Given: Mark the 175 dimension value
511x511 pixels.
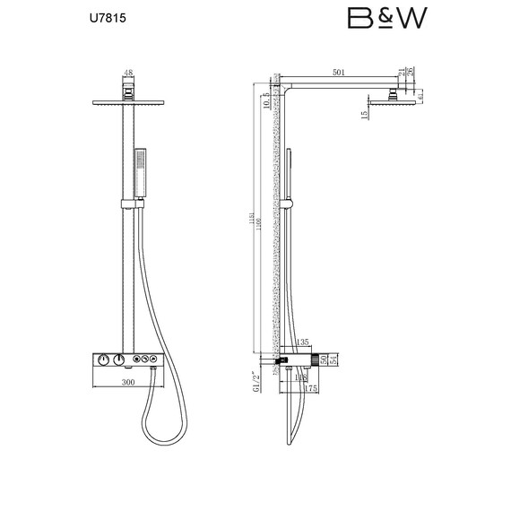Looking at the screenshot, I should [310, 388].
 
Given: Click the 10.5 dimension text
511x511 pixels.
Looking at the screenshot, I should [267, 101].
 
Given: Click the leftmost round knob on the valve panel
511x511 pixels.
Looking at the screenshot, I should [104, 360].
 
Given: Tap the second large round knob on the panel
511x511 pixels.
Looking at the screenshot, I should [119, 360].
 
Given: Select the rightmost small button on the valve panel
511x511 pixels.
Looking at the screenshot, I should [154, 360].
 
